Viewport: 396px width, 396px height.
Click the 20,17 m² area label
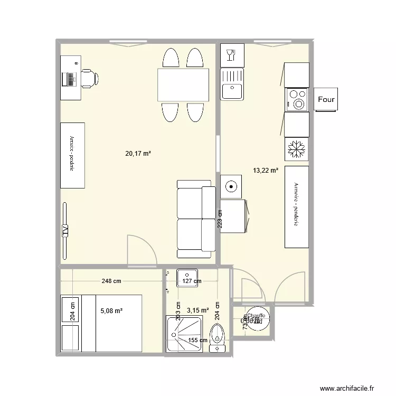pos(138,154)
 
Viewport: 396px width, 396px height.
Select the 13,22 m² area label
pos(266,171)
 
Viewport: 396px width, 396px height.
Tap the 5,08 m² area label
pos(111,311)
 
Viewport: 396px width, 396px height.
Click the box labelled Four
pos(326,99)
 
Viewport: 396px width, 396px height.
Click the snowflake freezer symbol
pos(296,149)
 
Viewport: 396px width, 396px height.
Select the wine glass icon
pos(230,54)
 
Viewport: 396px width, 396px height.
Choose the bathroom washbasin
pos(187,276)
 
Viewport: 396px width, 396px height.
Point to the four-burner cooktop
pos(296,99)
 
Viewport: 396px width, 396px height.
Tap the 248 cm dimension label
pos(111,281)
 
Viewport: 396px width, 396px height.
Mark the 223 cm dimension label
pos(220,219)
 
